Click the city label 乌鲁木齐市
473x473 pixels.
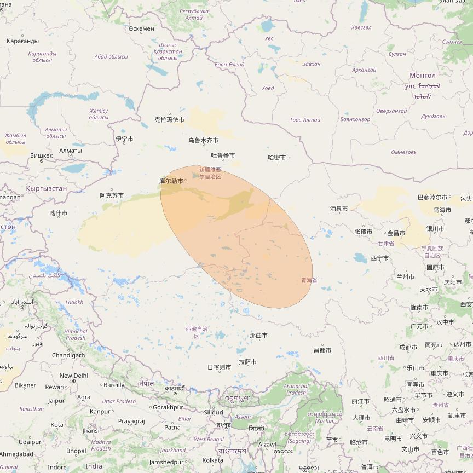pyautogui.click(x=203, y=140)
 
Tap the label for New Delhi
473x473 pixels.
pyautogui.click(x=74, y=376)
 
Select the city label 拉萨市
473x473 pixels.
pyautogui.click(x=247, y=361)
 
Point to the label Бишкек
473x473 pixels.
pyautogui.click(x=42, y=155)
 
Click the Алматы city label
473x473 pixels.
pyautogui.click(x=70, y=151)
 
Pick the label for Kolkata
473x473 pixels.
pyautogui.click(x=212, y=460)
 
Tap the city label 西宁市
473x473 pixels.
pyautogui.click(x=379, y=258)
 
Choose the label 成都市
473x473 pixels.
pyautogui.click(x=408, y=347)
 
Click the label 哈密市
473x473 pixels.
pyautogui.click(x=277, y=158)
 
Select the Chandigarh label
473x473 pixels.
pyautogui.click(x=68, y=355)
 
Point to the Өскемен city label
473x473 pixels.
pyautogui.click(x=141, y=28)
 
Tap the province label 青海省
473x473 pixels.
pyautogui.click(x=309, y=280)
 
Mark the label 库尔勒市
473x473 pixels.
pyautogui.click(x=171, y=181)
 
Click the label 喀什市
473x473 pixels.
pyautogui.click(x=59, y=213)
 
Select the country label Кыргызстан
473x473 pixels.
pyautogui.click(x=47, y=188)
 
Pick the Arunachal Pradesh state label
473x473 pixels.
pyautogui.click(x=296, y=389)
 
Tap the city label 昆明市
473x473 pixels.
pyautogui.click(x=393, y=439)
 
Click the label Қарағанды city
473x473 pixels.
pyautogui.click(x=22, y=41)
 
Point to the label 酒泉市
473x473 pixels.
pyautogui.click(x=339, y=209)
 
